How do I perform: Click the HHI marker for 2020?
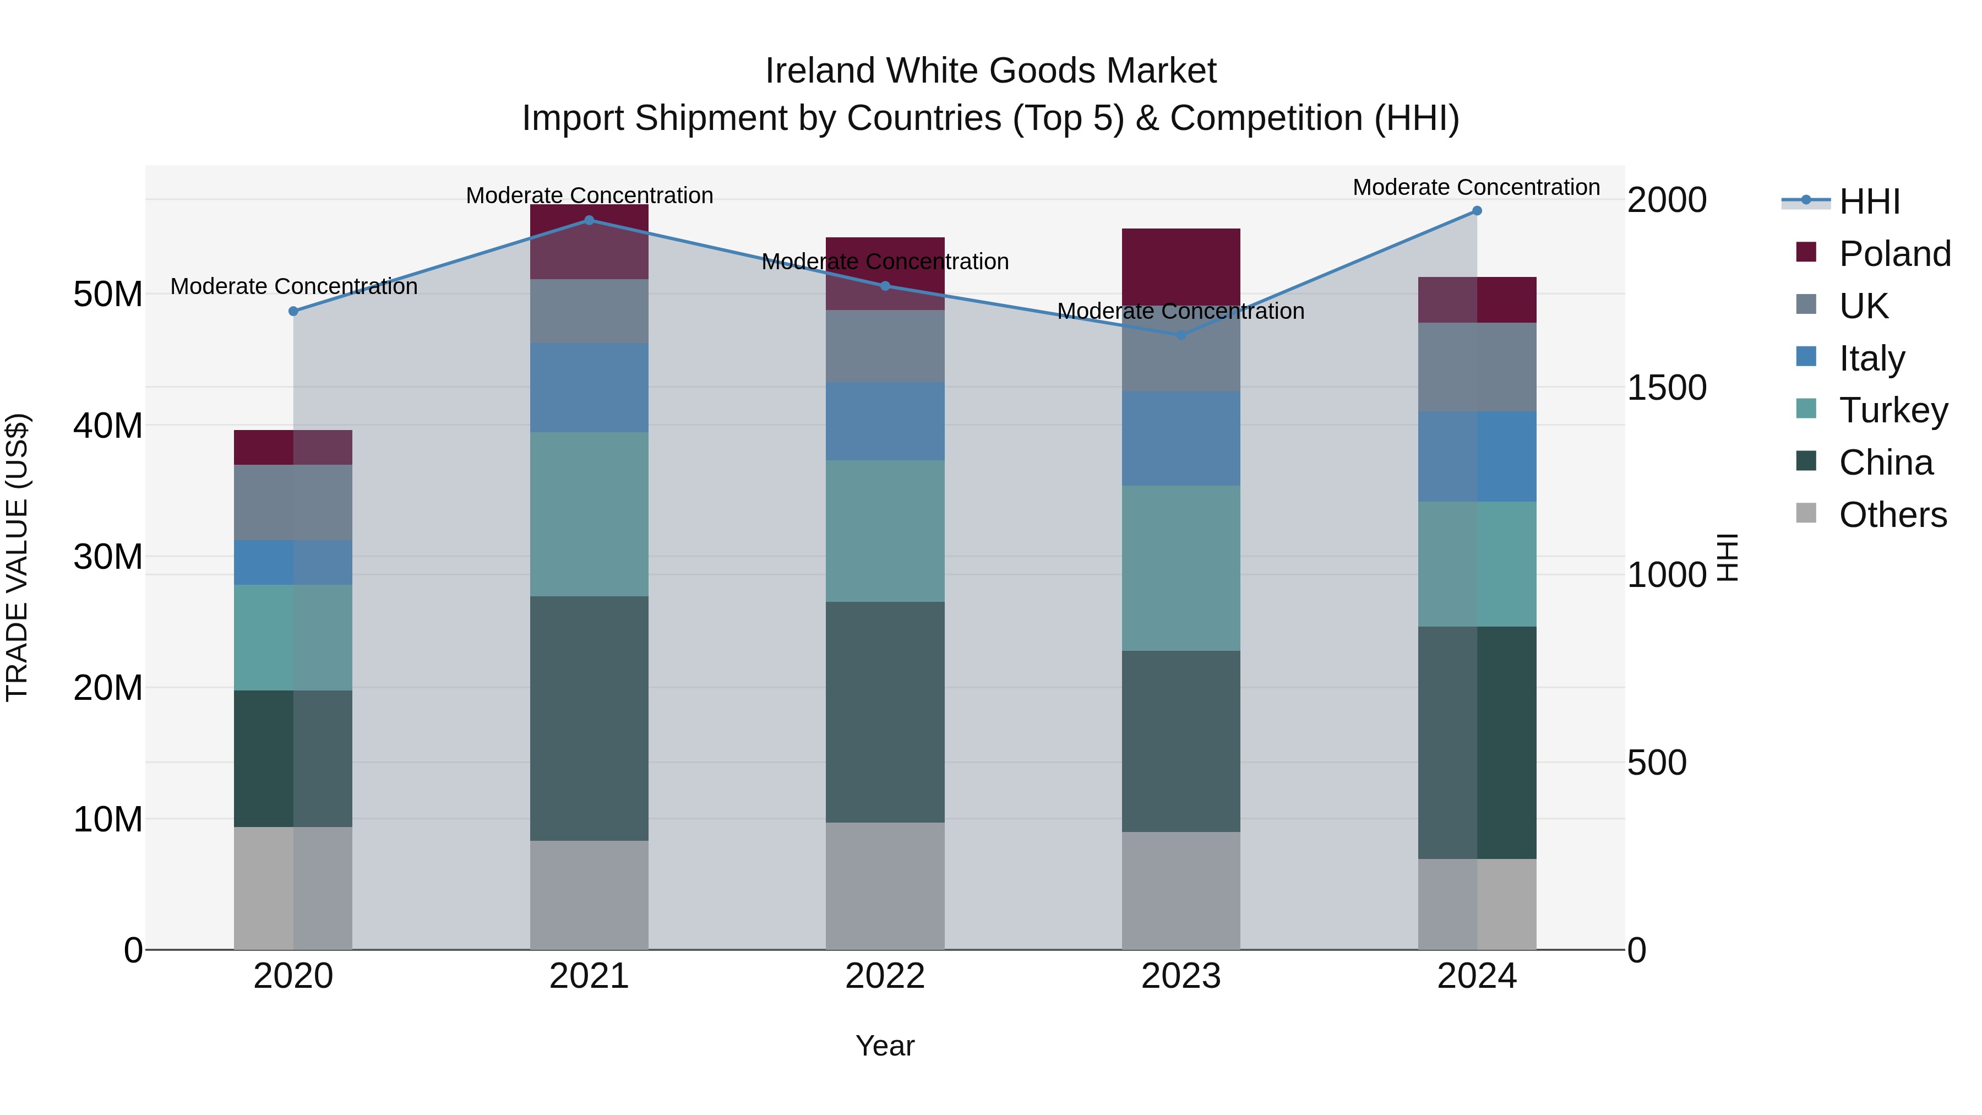click(x=293, y=311)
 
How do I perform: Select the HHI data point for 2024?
click(x=1477, y=211)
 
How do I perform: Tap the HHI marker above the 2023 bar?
click(x=1181, y=335)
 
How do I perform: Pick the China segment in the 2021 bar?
click(x=589, y=718)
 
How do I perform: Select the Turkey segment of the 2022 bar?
click(x=885, y=531)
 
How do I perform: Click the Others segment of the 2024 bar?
click(x=1477, y=904)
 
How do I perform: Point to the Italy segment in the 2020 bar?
click(x=293, y=563)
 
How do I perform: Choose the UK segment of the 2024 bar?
click(x=1477, y=367)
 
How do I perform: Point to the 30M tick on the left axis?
click(x=108, y=556)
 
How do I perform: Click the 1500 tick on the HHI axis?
click(x=1667, y=387)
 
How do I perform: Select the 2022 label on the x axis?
click(x=885, y=976)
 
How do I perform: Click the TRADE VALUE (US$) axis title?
click(x=17, y=557)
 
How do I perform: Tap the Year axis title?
click(x=885, y=1046)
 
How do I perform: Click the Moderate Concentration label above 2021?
click(x=589, y=195)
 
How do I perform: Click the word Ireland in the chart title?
click(x=821, y=71)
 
